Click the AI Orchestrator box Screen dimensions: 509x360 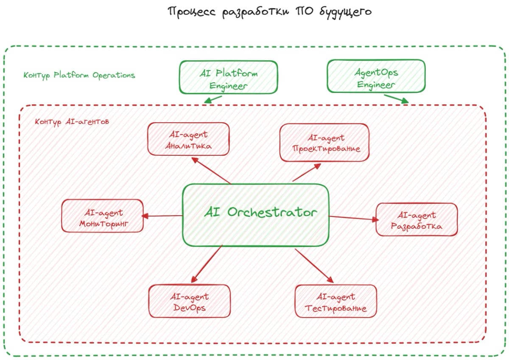[x=256, y=215]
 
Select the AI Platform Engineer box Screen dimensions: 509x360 [x=228, y=77]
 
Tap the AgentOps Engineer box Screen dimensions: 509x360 [x=376, y=76]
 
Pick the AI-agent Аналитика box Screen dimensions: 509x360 [x=188, y=139]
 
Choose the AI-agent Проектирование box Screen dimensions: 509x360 [x=324, y=143]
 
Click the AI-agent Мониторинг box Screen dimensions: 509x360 [x=103, y=216]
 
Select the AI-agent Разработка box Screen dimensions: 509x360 [x=417, y=219]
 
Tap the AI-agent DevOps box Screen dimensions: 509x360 [x=190, y=301]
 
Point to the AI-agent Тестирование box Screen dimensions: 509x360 [x=336, y=301]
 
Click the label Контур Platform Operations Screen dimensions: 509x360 [x=79, y=75]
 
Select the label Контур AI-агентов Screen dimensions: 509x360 [x=72, y=122]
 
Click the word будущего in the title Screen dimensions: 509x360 [x=345, y=12]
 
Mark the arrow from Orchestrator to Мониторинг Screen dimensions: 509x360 [x=162, y=216]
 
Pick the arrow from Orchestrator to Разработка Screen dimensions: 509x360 [x=354, y=218]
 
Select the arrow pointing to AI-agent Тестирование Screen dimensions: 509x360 [x=314, y=266]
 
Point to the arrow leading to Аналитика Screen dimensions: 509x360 [x=211, y=170]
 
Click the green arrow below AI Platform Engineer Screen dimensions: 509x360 [x=213, y=100]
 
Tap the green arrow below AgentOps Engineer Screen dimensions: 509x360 [x=396, y=99]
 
